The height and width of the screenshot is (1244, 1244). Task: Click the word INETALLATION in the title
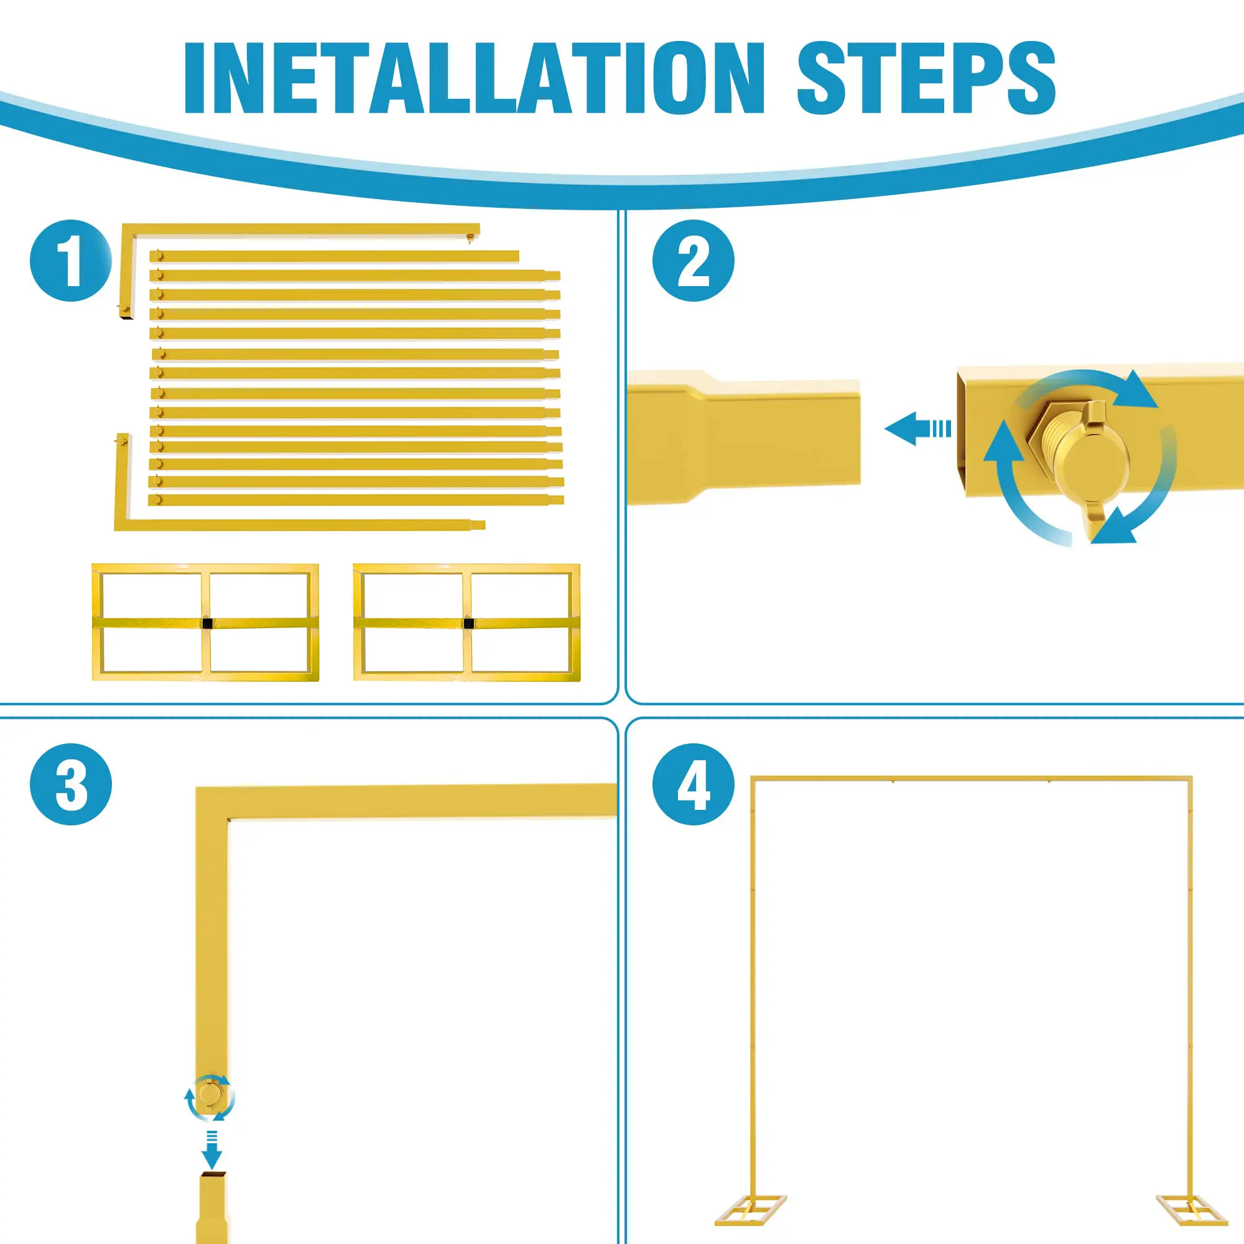[475, 77]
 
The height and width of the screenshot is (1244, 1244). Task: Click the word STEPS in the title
[927, 77]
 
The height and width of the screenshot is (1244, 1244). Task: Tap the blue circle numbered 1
[71, 261]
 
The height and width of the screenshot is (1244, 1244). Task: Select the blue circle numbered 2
[694, 261]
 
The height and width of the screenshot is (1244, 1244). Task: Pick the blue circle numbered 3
[71, 784]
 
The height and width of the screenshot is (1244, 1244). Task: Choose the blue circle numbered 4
[694, 784]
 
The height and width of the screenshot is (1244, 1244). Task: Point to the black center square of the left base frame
[207, 623]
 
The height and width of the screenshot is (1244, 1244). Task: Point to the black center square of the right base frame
[469, 623]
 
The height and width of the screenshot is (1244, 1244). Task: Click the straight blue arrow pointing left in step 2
[917, 429]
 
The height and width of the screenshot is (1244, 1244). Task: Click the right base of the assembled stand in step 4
[1190, 1210]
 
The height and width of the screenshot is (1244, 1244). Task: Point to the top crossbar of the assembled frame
[972, 779]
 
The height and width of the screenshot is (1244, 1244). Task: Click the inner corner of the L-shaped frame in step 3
[228, 819]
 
